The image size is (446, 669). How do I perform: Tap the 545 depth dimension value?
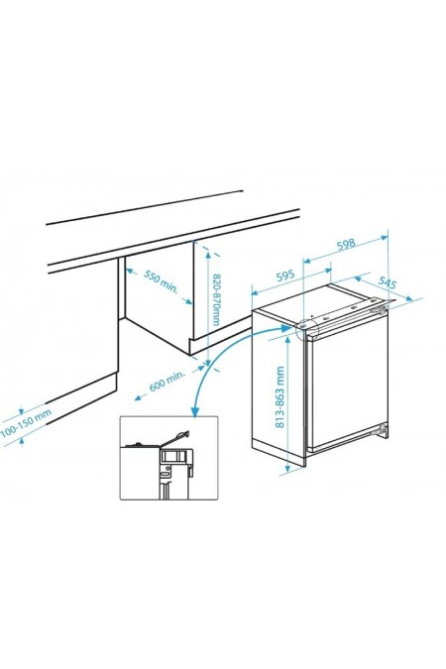[x=388, y=284]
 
